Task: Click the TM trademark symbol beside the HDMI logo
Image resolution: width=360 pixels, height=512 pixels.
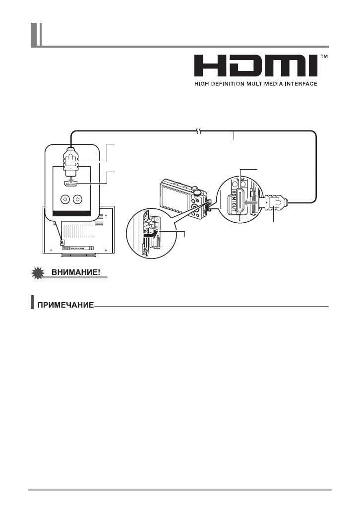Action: [325, 58]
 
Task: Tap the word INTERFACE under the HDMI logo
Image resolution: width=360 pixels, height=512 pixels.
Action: [300, 84]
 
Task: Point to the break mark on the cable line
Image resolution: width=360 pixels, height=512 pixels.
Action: [198, 130]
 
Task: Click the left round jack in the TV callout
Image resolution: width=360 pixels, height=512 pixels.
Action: [64, 199]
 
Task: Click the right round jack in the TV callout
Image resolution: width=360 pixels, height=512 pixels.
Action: [77, 199]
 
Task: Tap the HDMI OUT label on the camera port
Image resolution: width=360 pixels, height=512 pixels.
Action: [231, 203]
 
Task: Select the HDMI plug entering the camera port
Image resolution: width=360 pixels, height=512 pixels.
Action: [273, 203]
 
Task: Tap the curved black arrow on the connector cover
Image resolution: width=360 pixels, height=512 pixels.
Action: [149, 235]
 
